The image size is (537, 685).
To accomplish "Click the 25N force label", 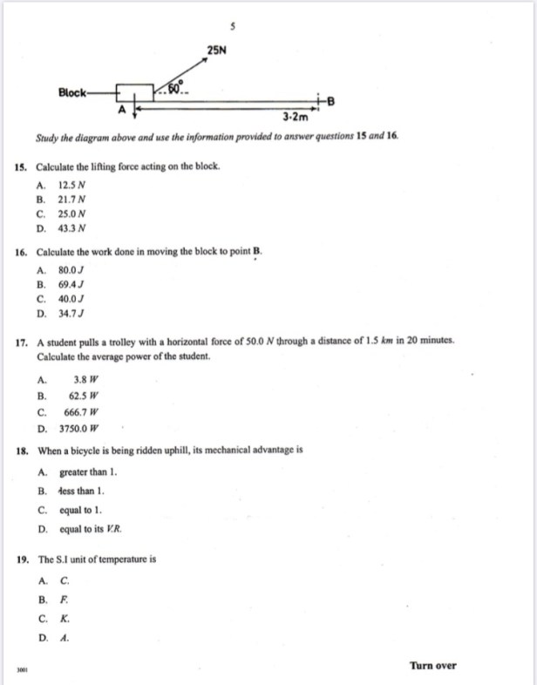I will tap(218, 51).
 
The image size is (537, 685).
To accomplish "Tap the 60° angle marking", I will tap(174, 87).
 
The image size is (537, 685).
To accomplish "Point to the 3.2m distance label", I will tap(296, 116).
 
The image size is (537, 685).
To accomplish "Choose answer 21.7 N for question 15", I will tap(72, 199).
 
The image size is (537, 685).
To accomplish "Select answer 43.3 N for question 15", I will tap(72, 228).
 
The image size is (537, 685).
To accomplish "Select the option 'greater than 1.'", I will tap(88, 472).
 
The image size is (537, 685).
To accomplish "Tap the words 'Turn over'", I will tap(432, 666).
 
